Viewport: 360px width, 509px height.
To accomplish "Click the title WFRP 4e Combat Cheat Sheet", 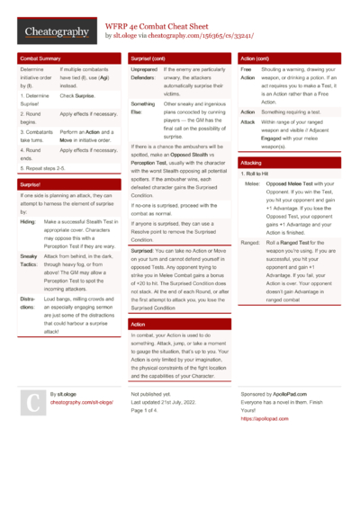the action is pos(166,27).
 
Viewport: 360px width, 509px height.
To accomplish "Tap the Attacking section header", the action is pos(252,162).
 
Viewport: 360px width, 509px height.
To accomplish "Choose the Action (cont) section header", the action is pos(256,58).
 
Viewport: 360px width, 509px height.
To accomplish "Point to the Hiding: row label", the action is pos(27,221).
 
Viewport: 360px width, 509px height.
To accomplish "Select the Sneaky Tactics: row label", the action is pos(28,260).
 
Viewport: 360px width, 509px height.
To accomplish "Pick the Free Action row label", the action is pos(247,73).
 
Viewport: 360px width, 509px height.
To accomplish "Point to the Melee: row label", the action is pos(252,183).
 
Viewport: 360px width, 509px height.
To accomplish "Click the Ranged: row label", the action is pos(252,242).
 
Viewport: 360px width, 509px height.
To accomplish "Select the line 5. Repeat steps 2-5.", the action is pos(48,167).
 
